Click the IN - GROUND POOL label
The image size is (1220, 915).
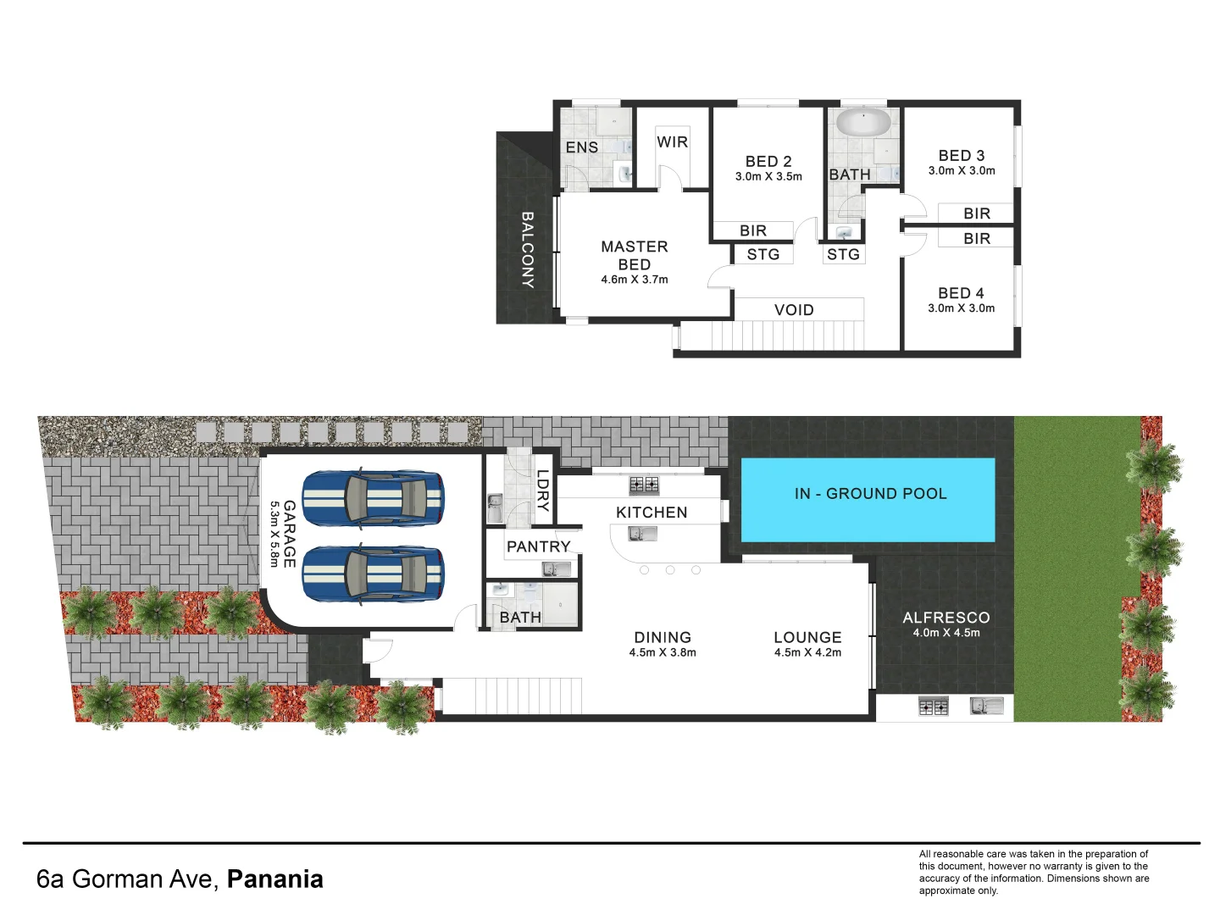(870, 494)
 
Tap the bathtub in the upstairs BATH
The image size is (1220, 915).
(862, 122)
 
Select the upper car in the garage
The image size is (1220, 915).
(373, 498)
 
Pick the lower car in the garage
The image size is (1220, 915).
(373, 574)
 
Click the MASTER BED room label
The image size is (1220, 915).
(634, 255)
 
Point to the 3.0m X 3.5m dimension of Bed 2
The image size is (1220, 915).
(768, 177)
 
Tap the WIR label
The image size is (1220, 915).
(672, 142)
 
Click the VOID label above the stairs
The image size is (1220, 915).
(794, 310)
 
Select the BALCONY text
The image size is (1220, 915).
(527, 250)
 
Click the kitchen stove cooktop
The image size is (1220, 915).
(644, 485)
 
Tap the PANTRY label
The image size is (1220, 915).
(538, 546)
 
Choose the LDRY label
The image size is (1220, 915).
(542, 491)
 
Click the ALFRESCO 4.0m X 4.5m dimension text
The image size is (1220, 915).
(946, 633)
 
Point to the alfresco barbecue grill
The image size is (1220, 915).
(934, 706)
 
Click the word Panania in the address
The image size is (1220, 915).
(274, 879)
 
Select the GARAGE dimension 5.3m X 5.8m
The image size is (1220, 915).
(274, 534)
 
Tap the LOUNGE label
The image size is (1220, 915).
(807, 637)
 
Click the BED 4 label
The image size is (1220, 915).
(961, 293)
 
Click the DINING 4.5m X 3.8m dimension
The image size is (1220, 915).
(663, 652)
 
